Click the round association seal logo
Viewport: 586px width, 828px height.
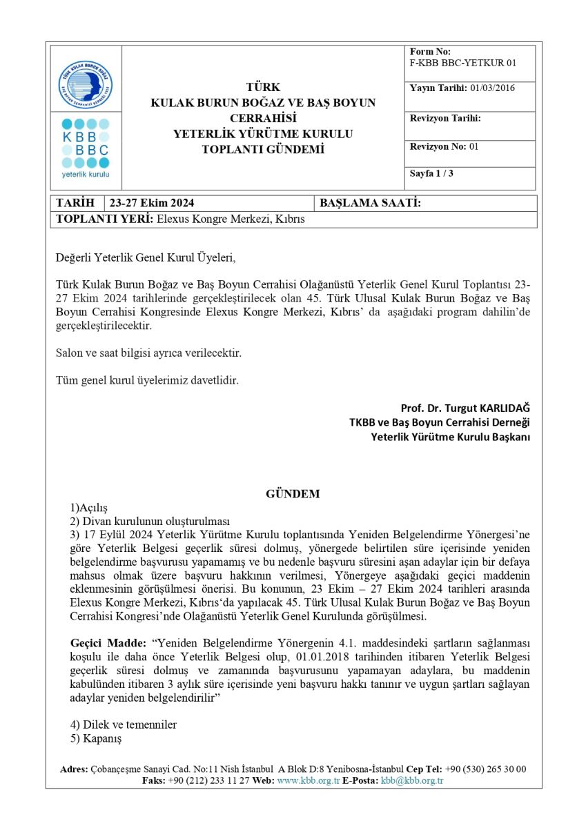(85, 85)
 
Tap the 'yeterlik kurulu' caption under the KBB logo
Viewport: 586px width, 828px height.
(85, 174)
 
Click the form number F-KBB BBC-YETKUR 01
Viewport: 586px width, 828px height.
(462, 63)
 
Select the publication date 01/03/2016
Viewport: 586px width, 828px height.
(492, 88)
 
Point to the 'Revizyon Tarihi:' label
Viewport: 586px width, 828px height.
(445, 118)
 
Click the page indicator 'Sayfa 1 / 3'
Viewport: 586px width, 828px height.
(431, 173)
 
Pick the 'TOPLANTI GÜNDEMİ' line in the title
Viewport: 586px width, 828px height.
(263, 149)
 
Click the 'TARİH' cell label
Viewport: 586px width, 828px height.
(75, 203)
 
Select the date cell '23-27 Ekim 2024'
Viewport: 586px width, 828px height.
(151, 203)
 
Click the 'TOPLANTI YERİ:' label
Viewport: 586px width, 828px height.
(104, 219)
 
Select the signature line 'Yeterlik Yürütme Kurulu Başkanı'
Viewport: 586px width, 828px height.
(451, 436)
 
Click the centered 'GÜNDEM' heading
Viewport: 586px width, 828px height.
(293, 493)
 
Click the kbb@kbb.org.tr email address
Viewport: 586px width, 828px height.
(412, 780)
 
